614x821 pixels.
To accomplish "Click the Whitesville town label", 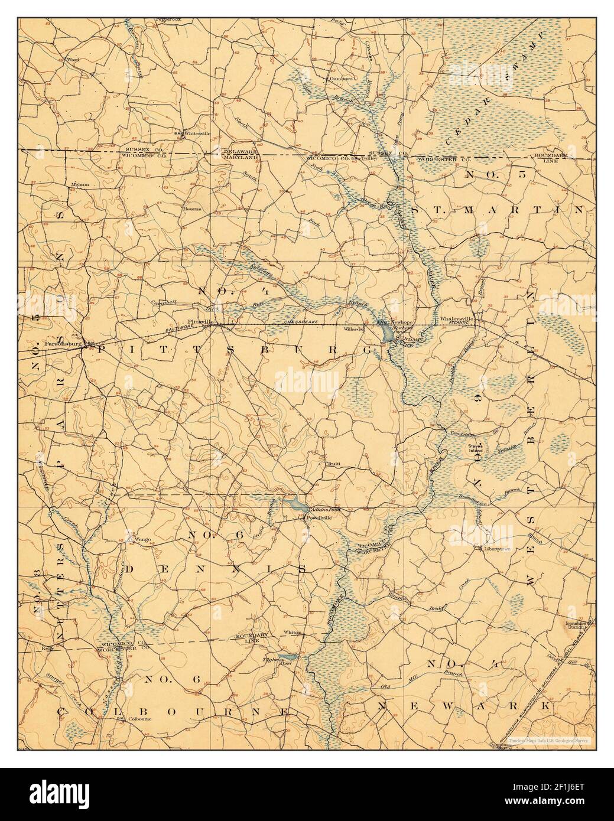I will [x=197, y=133].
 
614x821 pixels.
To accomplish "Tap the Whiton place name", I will [x=293, y=633].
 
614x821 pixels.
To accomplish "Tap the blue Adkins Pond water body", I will [x=294, y=504].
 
